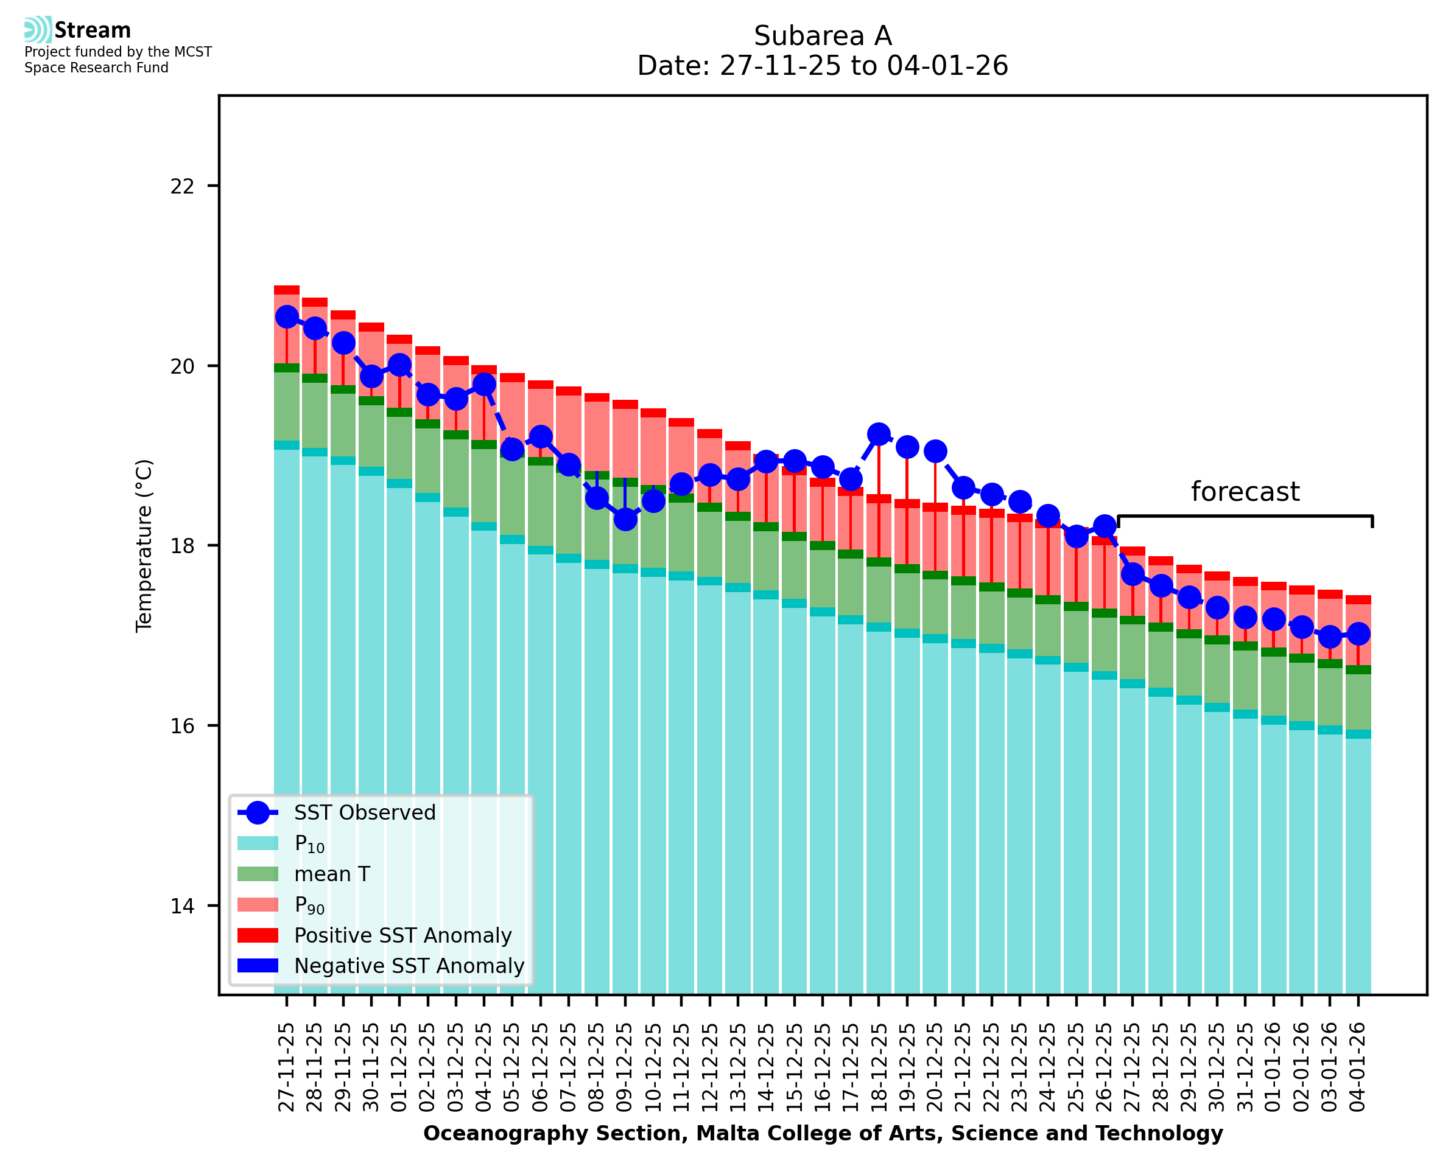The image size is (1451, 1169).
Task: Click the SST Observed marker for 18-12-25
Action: tap(879, 434)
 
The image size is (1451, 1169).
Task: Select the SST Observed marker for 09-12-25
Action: tap(625, 519)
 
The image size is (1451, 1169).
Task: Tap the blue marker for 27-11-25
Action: tap(287, 317)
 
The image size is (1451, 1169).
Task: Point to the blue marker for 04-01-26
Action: tap(1358, 633)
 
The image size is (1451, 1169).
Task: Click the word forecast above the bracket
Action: tap(1245, 492)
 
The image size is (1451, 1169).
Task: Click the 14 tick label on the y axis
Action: tap(182, 906)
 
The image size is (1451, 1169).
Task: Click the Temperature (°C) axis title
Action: tap(144, 545)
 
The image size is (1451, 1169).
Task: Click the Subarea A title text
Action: tap(823, 37)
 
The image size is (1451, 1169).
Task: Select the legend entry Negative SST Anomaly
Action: tap(409, 966)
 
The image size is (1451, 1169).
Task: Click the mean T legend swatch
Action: tap(258, 874)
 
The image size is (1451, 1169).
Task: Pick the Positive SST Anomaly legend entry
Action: tap(403, 935)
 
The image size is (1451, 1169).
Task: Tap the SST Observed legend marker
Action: tap(258, 813)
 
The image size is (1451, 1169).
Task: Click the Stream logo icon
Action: tap(38, 30)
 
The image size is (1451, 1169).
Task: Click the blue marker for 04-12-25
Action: tap(483, 385)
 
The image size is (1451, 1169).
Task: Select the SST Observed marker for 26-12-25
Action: tap(1104, 526)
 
